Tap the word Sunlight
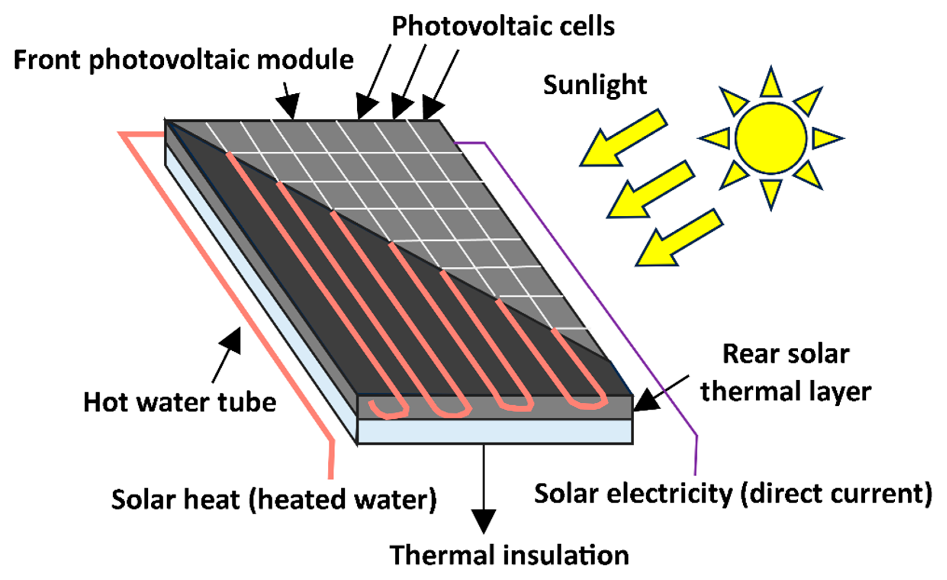595,85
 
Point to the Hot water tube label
180,403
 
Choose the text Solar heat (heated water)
274,499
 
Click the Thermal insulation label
509,555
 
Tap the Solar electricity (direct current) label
733,494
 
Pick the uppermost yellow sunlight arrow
623,138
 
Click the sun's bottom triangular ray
771,192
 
